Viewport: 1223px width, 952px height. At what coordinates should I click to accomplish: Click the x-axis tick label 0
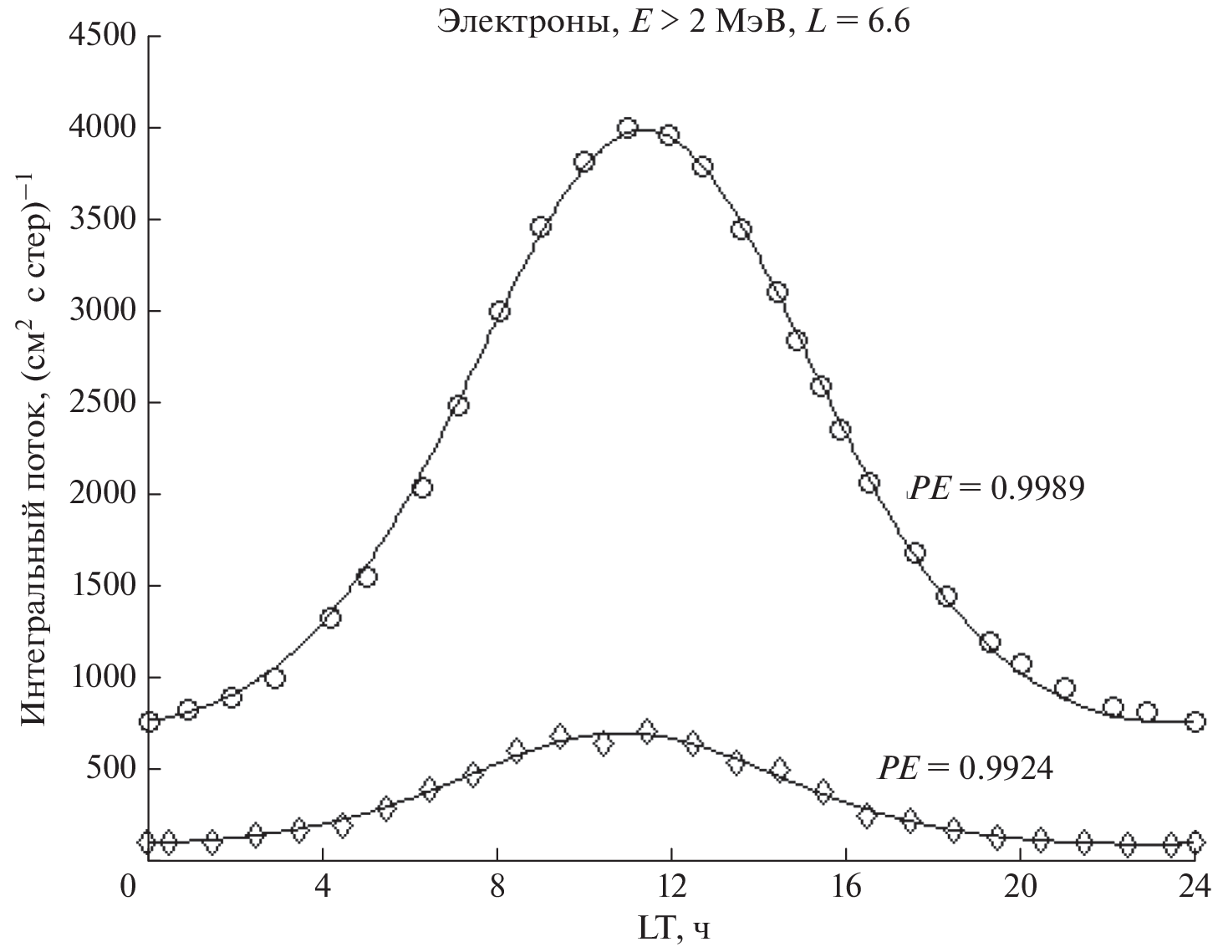point(128,886)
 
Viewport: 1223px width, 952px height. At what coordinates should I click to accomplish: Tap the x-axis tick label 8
point(497,886)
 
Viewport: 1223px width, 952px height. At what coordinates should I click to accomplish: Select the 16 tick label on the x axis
point(846,886)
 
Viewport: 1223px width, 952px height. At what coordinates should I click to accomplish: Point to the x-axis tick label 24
point(1195,886)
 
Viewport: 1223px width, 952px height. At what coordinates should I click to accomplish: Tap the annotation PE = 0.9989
point(996,488)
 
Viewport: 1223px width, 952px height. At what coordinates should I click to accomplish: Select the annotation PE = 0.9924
point(965,767)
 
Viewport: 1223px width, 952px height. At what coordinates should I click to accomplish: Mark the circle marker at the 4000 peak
point(629,128)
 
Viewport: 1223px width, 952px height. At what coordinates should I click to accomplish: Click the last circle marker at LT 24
point(1195,721)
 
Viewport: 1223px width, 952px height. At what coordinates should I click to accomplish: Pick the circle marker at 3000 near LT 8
point(499,312)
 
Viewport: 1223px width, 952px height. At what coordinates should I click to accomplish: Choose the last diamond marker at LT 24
point(1195,842)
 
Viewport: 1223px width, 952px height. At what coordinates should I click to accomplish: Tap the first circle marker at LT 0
point(149,721)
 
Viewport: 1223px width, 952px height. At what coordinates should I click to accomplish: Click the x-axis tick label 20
point(1020,886)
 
